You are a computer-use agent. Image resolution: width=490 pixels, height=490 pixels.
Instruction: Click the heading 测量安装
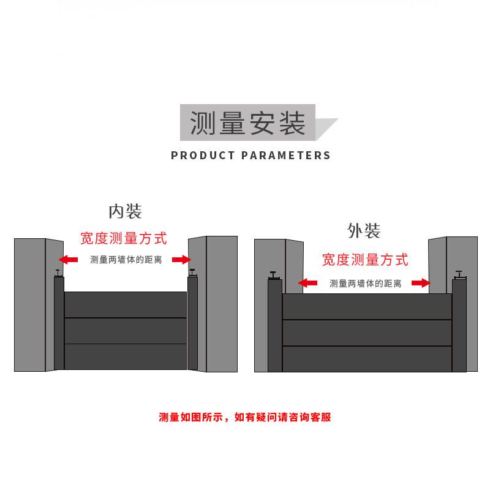[x=248, y=123]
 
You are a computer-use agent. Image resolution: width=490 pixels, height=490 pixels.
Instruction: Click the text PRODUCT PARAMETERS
[x=251, y=155]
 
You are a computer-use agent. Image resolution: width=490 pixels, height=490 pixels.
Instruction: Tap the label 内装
[x=125, y=211]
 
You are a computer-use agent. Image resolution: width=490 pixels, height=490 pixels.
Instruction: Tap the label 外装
[x=364, y=231]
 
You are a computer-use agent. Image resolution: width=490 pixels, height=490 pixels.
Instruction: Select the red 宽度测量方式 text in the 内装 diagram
[x=124, y=238]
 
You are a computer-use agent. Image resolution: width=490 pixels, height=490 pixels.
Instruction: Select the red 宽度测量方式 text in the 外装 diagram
[x=365, y=260]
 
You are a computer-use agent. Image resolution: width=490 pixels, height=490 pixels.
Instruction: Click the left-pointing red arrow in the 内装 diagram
[x=68, y=260]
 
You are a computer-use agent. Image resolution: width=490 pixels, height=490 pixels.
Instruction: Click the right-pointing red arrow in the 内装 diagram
[x=182, y=260]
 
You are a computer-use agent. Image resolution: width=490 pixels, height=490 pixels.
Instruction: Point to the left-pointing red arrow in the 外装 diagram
[x=307, y=283]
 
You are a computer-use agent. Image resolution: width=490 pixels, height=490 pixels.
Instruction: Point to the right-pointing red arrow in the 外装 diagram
[x=420, y=283]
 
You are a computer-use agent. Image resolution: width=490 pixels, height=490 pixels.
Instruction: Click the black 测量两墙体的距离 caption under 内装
[x=126, y=260]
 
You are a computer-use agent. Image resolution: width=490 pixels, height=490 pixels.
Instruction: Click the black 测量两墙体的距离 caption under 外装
[x=365, y=283]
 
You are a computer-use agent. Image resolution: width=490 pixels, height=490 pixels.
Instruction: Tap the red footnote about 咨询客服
[x=244, y=418]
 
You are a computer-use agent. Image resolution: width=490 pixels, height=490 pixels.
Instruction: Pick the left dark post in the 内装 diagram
[x=59, y=323]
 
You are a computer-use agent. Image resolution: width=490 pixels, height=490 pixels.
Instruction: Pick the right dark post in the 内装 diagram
[x=192, y=323]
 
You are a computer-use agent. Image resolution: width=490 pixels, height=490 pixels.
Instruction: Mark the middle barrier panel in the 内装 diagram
[x=125, y=331]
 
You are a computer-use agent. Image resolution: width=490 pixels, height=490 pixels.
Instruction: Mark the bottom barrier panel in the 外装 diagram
[x=367, y=359]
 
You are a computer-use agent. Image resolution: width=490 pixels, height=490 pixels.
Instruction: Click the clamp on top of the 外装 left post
[x=274, y=274]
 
